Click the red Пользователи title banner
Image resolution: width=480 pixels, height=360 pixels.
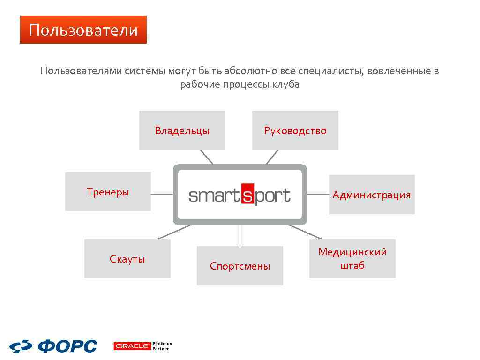point(83,30)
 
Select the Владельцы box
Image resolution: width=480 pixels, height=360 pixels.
point(182,130)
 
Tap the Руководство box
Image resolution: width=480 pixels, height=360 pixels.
point(295,130)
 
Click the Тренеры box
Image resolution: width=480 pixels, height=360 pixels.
point(108,192)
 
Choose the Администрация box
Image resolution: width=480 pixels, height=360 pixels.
point(371,195)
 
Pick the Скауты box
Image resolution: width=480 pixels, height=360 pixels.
point(127,259)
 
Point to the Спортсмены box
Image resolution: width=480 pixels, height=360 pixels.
point(240,266)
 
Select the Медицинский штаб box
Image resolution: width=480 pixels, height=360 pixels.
point(352,259)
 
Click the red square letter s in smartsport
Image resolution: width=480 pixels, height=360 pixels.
point(247,195)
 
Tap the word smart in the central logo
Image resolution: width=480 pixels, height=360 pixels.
point(214,195)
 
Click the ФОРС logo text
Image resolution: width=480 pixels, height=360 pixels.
point(67,346)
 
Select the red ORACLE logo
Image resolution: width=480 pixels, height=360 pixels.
point(132,346)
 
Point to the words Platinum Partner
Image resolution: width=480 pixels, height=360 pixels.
point(162,346)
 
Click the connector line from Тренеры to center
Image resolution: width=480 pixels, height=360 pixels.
point(162,194)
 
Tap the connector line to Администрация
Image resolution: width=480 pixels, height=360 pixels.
point(318,194)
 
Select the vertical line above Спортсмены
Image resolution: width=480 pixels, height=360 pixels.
point(240,235)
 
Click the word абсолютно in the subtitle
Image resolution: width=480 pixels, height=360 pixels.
point(251,71)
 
